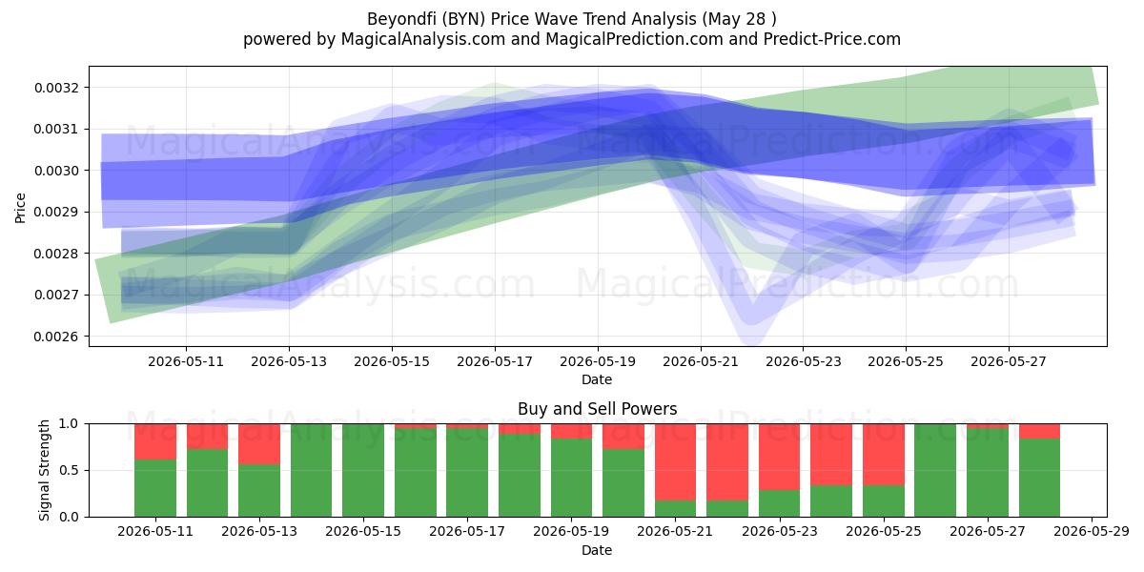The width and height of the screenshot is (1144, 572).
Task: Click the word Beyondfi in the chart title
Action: pyautogui.click(x=401, y=19)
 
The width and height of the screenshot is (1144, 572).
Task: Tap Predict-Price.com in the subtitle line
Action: pyautogui.click(x=832, y=39)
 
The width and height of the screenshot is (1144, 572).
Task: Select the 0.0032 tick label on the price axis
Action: pyautogui.click(x=56, y=88)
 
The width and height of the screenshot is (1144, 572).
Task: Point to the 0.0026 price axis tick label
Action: pyautogui.click(x=56, y=337)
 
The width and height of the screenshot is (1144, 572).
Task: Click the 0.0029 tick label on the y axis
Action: pyautogui.click(x=56, y=212)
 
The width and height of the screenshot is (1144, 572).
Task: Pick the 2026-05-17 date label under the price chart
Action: pyautogui.click(x=495, y=361)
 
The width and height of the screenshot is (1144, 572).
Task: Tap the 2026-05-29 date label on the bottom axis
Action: pyautogui.click(x=1092, y=532)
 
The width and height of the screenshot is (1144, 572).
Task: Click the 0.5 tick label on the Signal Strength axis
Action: pyautogui.click(x=69, y=470)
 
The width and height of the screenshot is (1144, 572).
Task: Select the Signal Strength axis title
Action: pyautogui.click(x=45, y=470)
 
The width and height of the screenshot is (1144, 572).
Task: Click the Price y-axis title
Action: pyautogui.click(x=20, y=208)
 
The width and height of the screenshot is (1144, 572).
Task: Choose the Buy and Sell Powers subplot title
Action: pyautogui.click(x=597, y=409)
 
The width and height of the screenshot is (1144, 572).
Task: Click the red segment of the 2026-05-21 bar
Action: pyautogui.click(x=675, y=462)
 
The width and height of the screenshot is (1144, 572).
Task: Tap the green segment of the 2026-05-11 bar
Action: pyautogui.click(x=155, y=488)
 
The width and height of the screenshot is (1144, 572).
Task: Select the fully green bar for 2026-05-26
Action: pyautogui.click(x=935, y=470)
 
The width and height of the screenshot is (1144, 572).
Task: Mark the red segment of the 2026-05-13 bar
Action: pyautogui.click(x=259, y=444)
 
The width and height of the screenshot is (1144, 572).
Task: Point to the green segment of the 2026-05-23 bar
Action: pyautogui.click(x=780, y=503)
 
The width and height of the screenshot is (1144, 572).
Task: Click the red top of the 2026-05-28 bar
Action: pyautogui.click(x=1039, y=431)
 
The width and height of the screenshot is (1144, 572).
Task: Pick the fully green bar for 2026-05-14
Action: pyautogui.click(x=311, y=470)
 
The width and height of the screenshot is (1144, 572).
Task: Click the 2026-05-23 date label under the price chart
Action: pyautogui.click(x=804, y=361)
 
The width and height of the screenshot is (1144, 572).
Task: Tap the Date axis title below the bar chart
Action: pyautogui.click(x=597, y=550)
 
